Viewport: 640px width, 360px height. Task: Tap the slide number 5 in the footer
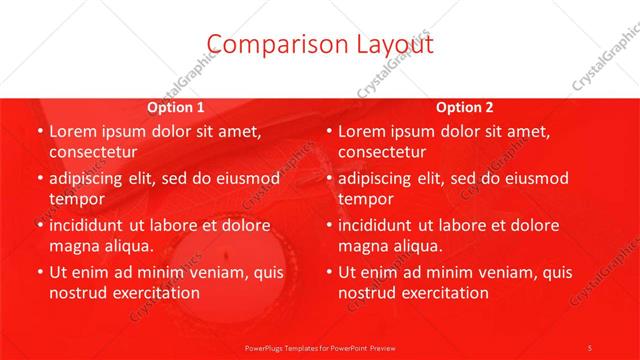[590, 347]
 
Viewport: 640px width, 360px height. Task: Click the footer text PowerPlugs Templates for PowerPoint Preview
[319, 347]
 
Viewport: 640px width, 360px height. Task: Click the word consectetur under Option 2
[382, 152]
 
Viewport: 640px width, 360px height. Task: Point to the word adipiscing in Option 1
[89, 178]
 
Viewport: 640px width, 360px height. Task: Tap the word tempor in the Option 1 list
[77, 198]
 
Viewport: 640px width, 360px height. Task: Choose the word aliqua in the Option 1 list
[127, 245]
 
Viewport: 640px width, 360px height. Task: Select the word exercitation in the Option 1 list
[149, 292]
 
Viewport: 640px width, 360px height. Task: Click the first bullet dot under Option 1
[39, 132]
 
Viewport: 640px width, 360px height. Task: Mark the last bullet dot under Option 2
[329, 272]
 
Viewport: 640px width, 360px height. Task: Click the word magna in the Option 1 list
[73, 245]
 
